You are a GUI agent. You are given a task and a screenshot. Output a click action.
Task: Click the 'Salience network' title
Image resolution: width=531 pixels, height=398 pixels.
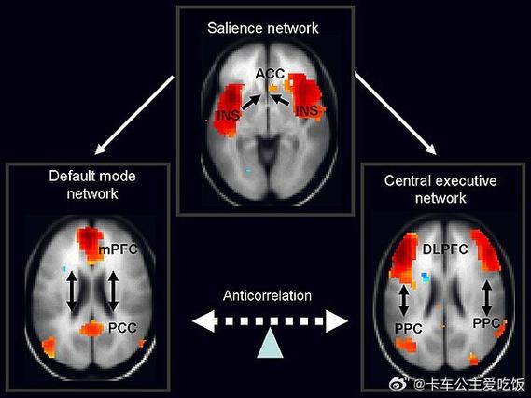click(263, 28)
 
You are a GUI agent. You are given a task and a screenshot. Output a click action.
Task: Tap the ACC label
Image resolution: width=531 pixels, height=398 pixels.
click(270, 74)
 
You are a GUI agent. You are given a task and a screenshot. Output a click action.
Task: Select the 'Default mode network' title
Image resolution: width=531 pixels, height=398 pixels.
click(92, 185)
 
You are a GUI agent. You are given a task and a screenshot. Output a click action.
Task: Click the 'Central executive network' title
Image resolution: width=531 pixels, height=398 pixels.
click(440, 189)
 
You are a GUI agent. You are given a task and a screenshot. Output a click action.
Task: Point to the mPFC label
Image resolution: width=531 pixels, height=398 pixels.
click(119, 249)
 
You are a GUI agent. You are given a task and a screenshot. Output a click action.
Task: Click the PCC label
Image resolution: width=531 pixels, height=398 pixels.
click(122, 328)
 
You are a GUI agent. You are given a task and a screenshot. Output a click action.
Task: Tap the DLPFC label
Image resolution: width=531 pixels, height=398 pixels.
click(445, 249)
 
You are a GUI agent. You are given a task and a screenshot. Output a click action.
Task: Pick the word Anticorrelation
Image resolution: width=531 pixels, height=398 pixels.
click(267, 295)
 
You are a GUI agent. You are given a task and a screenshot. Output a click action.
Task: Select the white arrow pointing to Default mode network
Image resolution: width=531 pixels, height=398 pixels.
click(134, 115)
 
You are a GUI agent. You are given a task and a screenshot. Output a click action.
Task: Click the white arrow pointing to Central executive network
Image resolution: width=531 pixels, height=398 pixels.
click(395, 114)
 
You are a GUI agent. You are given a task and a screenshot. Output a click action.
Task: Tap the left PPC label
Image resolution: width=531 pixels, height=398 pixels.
click(409, 329)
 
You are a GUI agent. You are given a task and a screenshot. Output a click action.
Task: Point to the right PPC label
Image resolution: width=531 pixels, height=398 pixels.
click(486, 323)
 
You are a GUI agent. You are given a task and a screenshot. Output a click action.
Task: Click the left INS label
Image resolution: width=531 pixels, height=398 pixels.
click(229, 115)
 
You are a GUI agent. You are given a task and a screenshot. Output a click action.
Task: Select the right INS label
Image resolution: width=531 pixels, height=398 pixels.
click(307, 110)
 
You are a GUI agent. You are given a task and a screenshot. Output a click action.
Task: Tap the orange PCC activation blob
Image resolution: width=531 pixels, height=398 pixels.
click(91, 329)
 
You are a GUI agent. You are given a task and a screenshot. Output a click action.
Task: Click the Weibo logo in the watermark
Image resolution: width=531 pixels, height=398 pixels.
click(399, 384)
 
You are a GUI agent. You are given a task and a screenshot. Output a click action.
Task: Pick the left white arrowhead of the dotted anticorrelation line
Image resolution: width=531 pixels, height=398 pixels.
click(203, 321)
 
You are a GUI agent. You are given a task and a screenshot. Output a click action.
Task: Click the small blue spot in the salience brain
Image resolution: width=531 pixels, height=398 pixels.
click(248, 171)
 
